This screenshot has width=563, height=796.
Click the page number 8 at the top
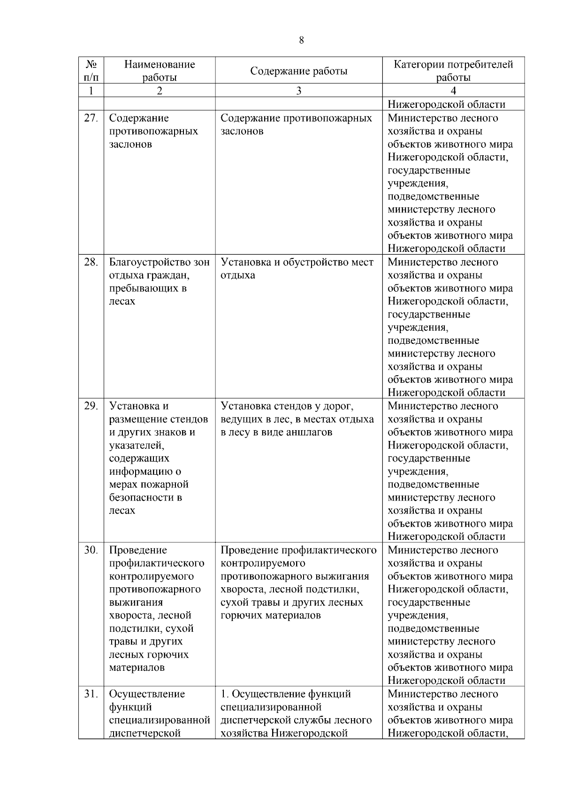pyautogui.click(x=301, y=40)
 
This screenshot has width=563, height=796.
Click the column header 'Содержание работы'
pyautogui.click(x=298, y=71)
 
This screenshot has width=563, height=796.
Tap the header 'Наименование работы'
pyautogui.click(x=160, y=71)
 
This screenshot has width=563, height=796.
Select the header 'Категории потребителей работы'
pyautogui.click(x=453, y=71)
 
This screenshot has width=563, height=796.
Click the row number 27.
pyautogui.click(x=91, y=118)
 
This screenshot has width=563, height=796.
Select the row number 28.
pyautogui.click(x=91, y=262)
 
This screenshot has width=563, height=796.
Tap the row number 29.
pyautogui.click(x=91, y=406)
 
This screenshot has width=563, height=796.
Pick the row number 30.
pyautogui.click(x=91, y=550)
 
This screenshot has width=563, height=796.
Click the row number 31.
pyautogui.click(x=91, y=694)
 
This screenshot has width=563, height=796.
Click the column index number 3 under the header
pyautogui.click(x=298, y=91)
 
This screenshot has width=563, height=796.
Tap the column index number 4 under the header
pyautogui.click(x=453, y=91)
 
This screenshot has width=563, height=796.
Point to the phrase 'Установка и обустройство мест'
pyautogui.click(x=297, y=262)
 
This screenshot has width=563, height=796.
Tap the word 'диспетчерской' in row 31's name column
pyautogui.click(x=145, y=734)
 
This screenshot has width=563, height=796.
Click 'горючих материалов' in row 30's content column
pyautogui.click(x=271, y=615)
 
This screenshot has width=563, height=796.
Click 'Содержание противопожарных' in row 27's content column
pyautogui.click(x=296, y=118)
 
